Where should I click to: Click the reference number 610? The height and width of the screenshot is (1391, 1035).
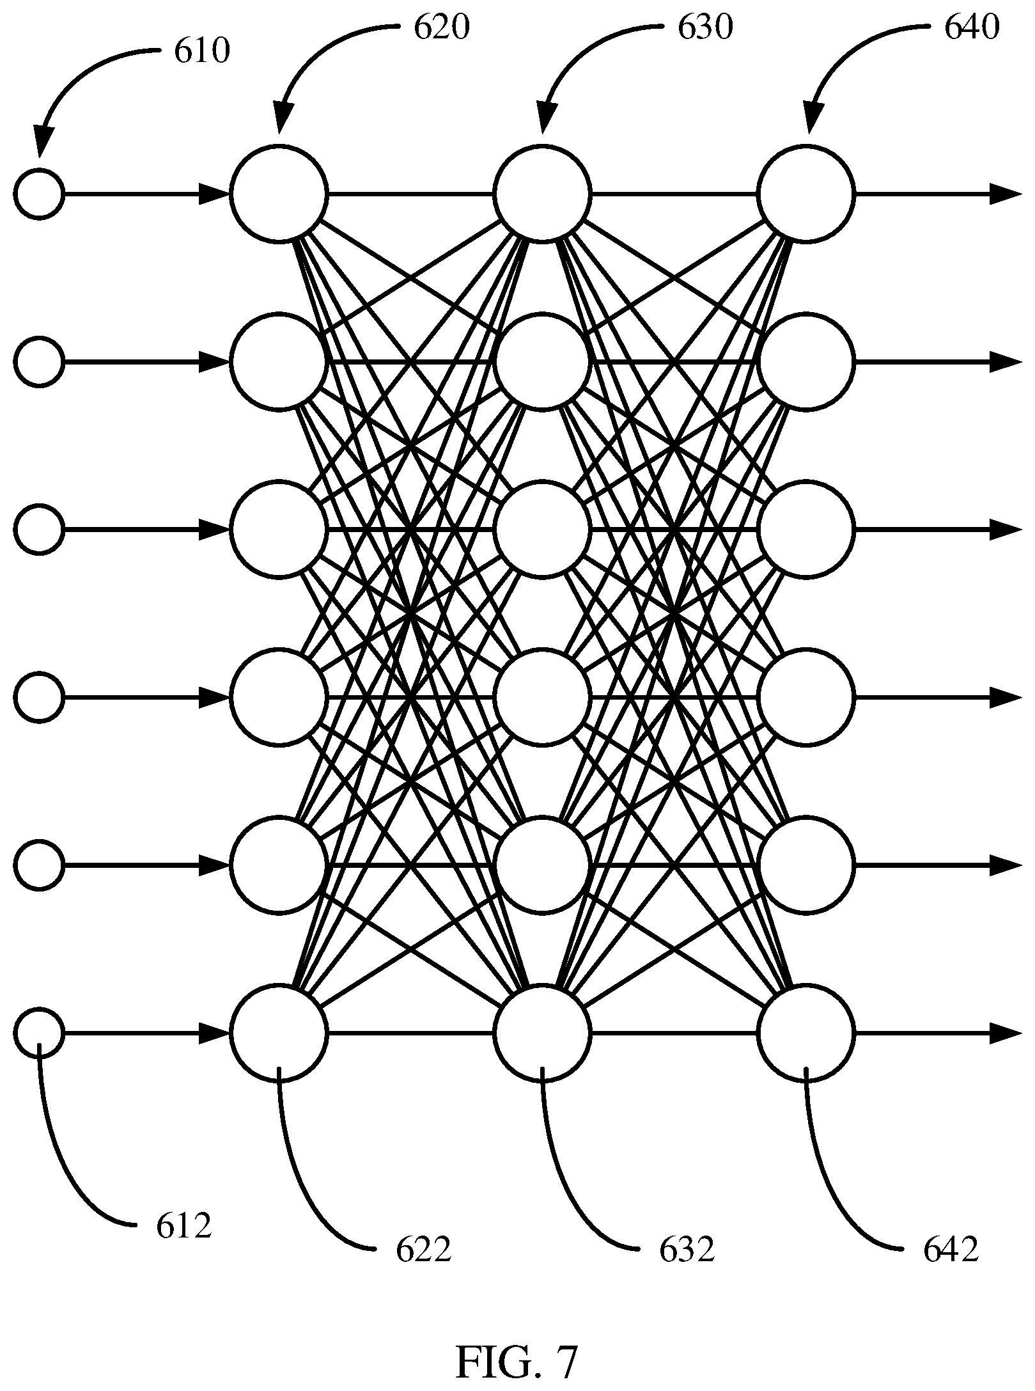pos(201,52)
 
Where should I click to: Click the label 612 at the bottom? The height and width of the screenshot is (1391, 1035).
pos(183,1225)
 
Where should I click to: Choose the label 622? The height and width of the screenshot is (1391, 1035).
pos(424,1249)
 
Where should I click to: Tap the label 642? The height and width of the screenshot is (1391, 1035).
pos(951,1249)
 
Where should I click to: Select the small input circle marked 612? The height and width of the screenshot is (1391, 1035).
pos(40,1033)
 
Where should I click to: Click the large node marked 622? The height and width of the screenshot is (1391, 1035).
pos(279,1033)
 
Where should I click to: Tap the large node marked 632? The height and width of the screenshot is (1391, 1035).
pos(543,1033)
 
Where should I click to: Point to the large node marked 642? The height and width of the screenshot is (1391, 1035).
pos(805,1033)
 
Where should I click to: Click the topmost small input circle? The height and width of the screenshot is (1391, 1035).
pos(40,194)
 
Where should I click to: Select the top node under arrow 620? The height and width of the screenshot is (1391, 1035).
pos(279,194)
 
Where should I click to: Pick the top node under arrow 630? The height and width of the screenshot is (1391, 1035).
pos(543,194)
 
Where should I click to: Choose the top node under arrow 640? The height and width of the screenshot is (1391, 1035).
pos(805,194)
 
